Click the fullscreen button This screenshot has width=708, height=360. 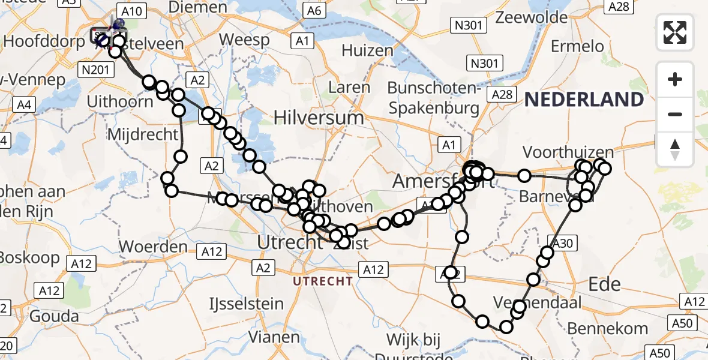pos(675,32)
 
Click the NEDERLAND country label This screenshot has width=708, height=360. pos(584,100)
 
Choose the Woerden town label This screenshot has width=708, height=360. pos(153,246)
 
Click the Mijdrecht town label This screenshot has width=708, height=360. pos(143,133)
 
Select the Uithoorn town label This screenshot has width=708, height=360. pos(120,101)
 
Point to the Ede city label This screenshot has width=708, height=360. pos(604,284)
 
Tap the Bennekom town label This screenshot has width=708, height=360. pos(608,328)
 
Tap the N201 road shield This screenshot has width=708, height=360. pos(95,70)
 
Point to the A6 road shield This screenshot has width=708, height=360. pos(313,11)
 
